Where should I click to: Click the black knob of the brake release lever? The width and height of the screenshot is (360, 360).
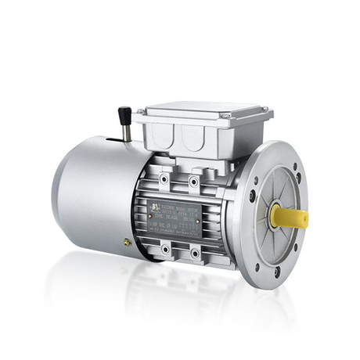[123, 114]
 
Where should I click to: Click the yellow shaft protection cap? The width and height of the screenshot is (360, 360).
[290, 217]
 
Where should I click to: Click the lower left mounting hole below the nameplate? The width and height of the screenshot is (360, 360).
[164, 252]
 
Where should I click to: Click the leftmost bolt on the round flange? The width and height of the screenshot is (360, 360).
[252, 196]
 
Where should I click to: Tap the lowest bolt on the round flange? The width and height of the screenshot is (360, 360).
[276, 270]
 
